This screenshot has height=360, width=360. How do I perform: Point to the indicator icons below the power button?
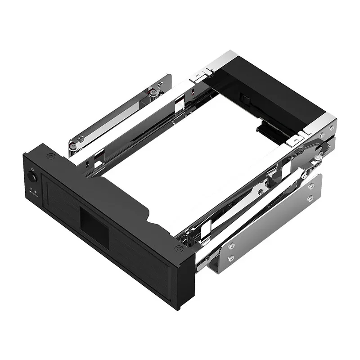(33, 191)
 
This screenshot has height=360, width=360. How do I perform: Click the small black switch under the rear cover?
(245, 97)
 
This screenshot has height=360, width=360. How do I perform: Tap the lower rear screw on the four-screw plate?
(310, 198)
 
